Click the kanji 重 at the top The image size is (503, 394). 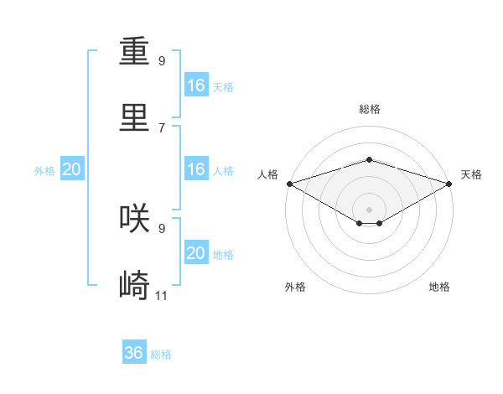[135, 52]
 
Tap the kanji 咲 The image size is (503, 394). [135, 218]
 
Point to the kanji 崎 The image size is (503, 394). [135, 285]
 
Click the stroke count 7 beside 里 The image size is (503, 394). [162, 127]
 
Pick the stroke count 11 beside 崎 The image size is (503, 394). [162, 295]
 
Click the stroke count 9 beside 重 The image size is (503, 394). [162, 61]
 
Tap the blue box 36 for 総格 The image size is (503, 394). [134, 353]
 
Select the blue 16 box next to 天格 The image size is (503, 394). [196, 86]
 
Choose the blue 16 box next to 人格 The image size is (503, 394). [196, 169]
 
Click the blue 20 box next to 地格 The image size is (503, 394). [196, 253]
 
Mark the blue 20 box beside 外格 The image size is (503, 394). [72, 169]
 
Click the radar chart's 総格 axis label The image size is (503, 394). [369, 109]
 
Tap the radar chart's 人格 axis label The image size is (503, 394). [267, 174]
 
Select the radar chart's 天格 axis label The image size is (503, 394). [472, 174]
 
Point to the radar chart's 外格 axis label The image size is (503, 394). [295, 287]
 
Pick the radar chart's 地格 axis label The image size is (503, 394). [439, 287]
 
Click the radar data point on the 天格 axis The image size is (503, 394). [450, 183]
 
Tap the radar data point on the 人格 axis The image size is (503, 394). [288, 183]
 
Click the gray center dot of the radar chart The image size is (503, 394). [369, 209]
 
